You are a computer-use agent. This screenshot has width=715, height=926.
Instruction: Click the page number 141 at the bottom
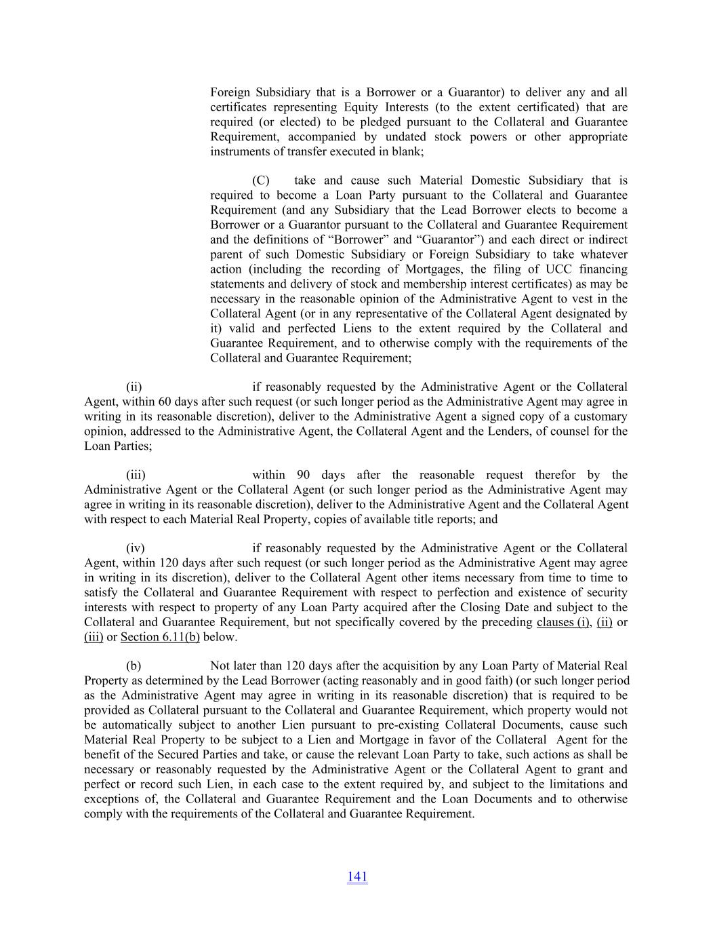pyautogui.click(x=357, y=876)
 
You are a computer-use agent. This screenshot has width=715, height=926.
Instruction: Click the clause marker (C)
pyautogui.click(x=260, y=180)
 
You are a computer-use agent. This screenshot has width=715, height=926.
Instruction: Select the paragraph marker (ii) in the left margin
pyautogui.click(x=134, y=387)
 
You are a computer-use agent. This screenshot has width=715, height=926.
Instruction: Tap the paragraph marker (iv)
pyautogui.click(x=136, y=548)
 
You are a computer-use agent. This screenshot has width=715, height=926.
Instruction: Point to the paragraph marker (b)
pyautogui.click(x=134, y=666)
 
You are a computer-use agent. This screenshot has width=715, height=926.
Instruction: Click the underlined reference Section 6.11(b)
pyautogui.click(x=160, y=637)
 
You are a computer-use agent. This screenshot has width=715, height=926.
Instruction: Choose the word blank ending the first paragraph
pyautogui.click(x=407, y=152)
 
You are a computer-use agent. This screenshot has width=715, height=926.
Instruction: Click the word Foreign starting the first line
pyautogui.click(x=230, y=92)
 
